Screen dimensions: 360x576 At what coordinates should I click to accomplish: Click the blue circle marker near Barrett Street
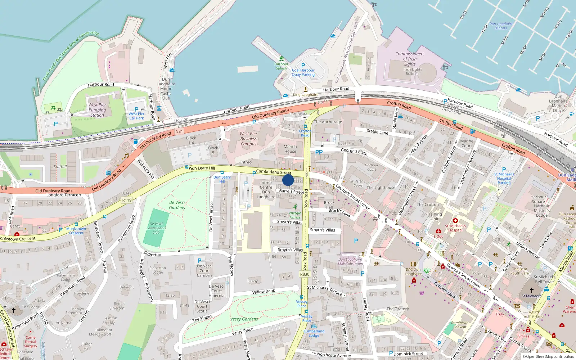coord(288,180)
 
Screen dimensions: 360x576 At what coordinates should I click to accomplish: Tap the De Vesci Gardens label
coord(177,205)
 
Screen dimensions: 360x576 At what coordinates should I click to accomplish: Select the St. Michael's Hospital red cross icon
coord(455,221)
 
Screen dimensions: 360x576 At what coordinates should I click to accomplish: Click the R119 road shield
coord(127,200)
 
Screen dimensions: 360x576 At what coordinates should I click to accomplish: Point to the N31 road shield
coord(179,131)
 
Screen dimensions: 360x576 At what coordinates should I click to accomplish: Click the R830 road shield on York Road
coord(305,274)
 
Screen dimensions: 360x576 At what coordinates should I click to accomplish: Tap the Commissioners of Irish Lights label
coord(410,59)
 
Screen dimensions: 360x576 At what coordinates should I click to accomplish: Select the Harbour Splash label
coord(282,66)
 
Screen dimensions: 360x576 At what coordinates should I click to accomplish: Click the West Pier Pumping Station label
coord(97,110)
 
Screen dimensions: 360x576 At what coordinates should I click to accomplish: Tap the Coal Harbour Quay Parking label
coord(303,72)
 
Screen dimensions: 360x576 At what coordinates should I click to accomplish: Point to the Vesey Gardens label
coord(244,319)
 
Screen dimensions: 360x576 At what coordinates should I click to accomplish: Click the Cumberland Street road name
coord(274,172)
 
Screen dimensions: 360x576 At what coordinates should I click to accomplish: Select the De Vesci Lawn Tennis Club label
coord(156,228)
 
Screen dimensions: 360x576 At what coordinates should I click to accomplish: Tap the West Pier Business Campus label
coord(248,139)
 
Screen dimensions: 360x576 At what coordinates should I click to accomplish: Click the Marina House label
coord(290,149)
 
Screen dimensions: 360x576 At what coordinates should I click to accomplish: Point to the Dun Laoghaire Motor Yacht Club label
coord(166,89)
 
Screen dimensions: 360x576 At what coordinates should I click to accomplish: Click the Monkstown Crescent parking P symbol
coord(60,230)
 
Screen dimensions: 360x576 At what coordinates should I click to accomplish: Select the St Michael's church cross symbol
coord(531,290)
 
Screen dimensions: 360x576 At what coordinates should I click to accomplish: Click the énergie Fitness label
coord(295,215)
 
